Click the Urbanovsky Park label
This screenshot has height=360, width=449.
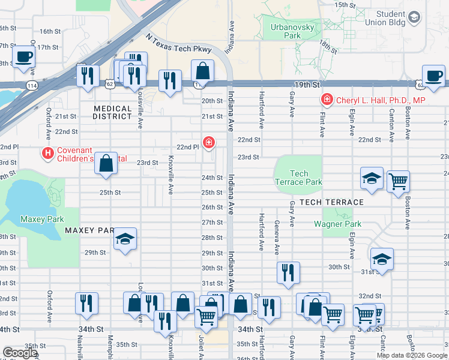[284, 31]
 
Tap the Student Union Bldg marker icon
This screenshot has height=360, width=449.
[414, 18]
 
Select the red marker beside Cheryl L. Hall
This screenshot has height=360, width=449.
[327, 100]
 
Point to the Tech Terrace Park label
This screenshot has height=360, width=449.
[298, 178]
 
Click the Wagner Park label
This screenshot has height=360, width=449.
[338, 224]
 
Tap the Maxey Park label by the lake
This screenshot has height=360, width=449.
[41, 219]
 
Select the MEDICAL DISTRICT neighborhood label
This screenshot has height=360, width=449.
[112, 112]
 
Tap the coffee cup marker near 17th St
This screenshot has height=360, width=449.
[24, 57]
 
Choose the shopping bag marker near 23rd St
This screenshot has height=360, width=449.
[106, 163]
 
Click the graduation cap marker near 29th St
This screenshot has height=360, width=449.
[125, 239]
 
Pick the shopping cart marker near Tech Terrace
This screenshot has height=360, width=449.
[398, 181]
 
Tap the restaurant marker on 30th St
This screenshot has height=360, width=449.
[288, 272]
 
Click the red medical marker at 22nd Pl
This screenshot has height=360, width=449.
[208, 143]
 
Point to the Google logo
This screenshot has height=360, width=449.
[20, 353]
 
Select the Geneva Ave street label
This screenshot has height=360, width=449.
[277, 237]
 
